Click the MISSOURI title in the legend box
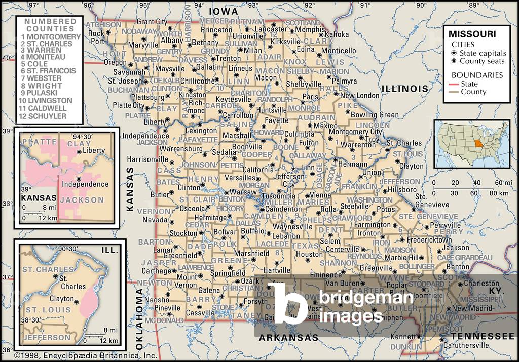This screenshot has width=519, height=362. pyautogui.click(x=472, y=34)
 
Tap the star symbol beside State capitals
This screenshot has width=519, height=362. pyautogui.click(x=454, y=53)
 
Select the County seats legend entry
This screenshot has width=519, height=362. pyautogui.click(x=482, y=61)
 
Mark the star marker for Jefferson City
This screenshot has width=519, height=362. pyautogui.click(x=292, y=169)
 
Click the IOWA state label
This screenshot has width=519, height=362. pyautogui.click(x=223, y=11)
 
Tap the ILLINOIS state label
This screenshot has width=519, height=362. pyautogui.click(x=404, y=89)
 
